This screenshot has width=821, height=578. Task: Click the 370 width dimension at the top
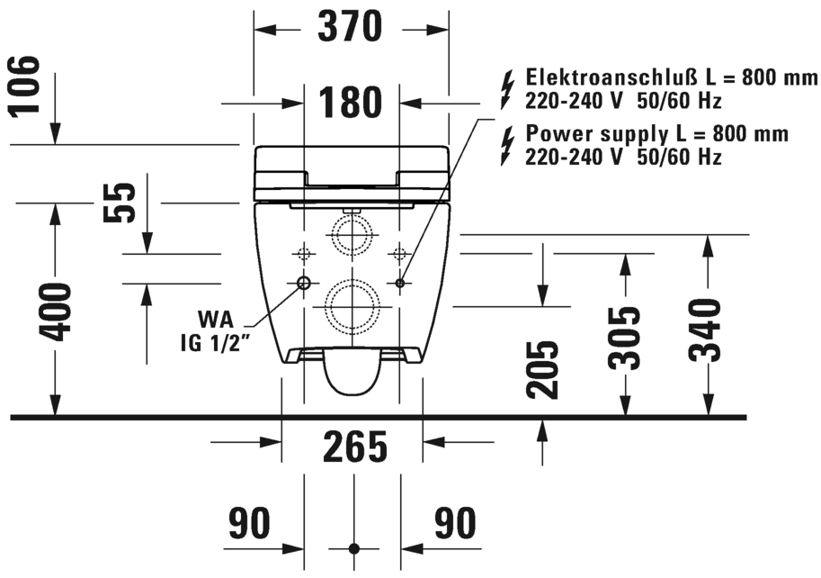[351, 28]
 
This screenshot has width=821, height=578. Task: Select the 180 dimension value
[351, 104]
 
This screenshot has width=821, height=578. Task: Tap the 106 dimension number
[27, 87]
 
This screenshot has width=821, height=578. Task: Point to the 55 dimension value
[120, 203]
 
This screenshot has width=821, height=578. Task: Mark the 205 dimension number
[542, 370]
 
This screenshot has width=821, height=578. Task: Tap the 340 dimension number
[708, 330]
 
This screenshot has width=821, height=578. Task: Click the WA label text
[218, 320]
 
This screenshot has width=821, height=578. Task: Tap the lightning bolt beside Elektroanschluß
[508, 88]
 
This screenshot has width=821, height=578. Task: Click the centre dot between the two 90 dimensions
[352, 547]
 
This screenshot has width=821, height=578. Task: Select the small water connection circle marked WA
[303, 284]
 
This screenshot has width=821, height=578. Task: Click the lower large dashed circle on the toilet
[352, 303]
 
